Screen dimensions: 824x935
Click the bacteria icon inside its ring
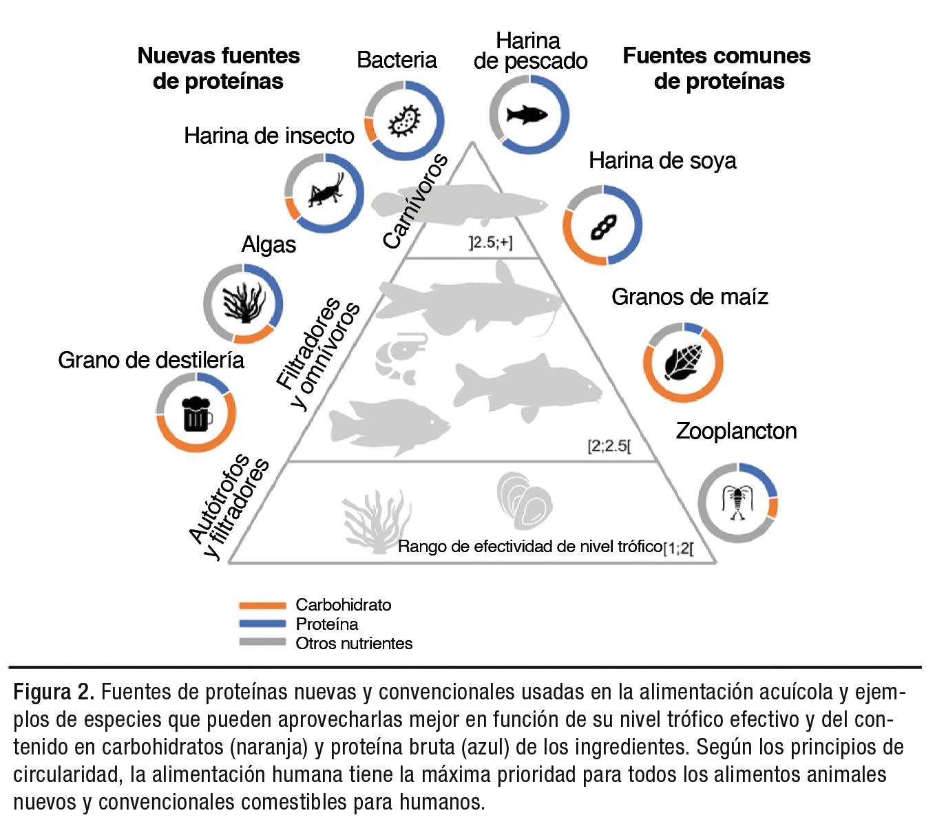(404, 121)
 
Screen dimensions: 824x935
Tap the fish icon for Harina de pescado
(528, 114)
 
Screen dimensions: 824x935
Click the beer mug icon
(196, 413)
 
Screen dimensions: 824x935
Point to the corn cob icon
(684, 361)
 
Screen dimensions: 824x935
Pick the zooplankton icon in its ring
(737, 502)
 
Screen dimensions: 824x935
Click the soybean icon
(603, 226)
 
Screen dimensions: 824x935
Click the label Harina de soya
(662, 161)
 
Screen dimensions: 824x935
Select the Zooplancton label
(736, 431)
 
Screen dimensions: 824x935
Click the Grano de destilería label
(151, 360)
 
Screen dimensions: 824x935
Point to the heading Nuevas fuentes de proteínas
(218, 68)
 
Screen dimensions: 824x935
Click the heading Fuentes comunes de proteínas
(717, 68)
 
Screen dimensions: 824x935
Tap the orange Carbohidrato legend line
(262, 606)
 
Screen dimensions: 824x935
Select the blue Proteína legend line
(262, 624)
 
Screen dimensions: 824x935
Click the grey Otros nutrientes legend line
(262, 643)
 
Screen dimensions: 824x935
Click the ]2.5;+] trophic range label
(490, 242)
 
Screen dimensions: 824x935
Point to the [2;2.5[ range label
(609, 446)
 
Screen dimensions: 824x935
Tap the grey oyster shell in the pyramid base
(524, 498)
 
